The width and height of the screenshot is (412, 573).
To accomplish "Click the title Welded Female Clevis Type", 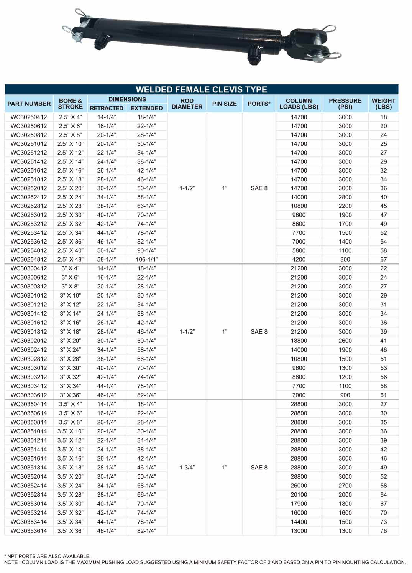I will click(x=201, y=90).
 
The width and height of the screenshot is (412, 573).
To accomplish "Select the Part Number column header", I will click(x=29, y=104).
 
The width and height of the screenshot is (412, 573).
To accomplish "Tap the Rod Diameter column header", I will click(x=187, y=104).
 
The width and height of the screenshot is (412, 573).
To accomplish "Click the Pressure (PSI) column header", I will click(x=345, y=104).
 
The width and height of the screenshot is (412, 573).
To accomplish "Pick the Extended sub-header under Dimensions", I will click(x=146, y=108).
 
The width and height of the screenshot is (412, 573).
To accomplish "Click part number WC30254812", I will click(x=29, y=259).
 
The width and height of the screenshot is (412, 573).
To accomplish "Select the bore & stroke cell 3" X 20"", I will click(x=71, y=341).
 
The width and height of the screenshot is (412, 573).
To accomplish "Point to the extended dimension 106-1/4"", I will click(x=146, y=259).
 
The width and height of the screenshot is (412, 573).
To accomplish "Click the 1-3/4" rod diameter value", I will click(x=187, y=468).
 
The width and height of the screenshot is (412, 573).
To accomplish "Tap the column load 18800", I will click(x=299, y=341).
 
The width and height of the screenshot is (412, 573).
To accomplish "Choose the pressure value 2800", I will click(x=345, y=197).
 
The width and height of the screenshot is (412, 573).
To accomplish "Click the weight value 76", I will click(x=383, y=531).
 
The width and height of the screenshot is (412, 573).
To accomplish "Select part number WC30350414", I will click(x=29, y=404).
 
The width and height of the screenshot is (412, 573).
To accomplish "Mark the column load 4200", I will click(x=299, y=259).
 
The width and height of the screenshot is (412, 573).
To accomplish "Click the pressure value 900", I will click(x=345, y=395).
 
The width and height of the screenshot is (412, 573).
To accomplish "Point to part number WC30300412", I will click(x=29, y=268).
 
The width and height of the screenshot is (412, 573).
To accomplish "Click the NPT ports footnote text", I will click(x=47, y=556).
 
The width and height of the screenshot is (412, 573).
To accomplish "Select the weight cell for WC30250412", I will click(x=383, y=117).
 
